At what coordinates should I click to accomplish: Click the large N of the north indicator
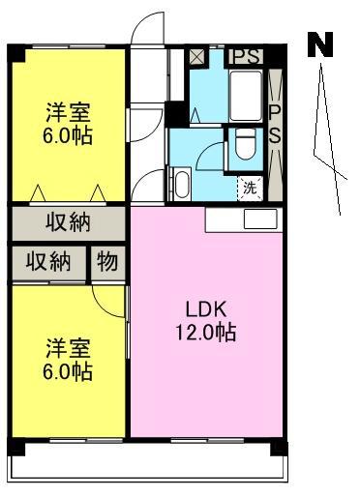click(320, 44)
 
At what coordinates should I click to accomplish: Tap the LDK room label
click(206, 309)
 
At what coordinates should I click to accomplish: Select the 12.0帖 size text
click(206, 333)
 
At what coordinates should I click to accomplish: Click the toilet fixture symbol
click(246, 144)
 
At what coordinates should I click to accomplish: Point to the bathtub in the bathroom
click(246, 96)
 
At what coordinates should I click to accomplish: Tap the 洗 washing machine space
click(250, 188)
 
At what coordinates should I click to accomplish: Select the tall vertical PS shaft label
click(275, 124)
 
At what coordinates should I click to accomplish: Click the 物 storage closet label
click(107, 262)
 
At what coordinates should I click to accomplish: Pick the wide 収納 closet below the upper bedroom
click(68, 223)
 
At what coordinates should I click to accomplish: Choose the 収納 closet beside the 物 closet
click(48, 262)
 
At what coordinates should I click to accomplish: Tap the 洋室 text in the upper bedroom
click(68, 112)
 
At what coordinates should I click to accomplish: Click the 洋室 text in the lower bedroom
click(68, 348)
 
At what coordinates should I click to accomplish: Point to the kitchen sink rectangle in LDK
click(260, 219)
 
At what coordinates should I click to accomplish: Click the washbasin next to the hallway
click(182, 184)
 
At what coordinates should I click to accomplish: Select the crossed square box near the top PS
click(196, 57)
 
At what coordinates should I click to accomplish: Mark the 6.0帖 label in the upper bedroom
click(68, 135)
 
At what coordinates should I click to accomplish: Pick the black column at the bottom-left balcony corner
click(16, 448)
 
